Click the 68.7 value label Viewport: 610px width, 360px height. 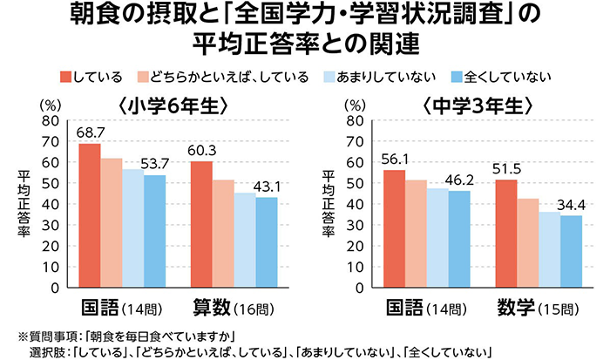click(x=91, y=132)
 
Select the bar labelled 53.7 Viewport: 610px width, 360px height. click(x=154, y=231)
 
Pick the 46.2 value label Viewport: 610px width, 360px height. click(x=460, y=180)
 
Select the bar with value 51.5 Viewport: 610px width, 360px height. click(x=506, y=233)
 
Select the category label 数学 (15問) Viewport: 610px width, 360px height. click(x=537, y=308)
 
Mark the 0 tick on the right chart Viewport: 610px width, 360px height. click(x=358, y=288)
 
